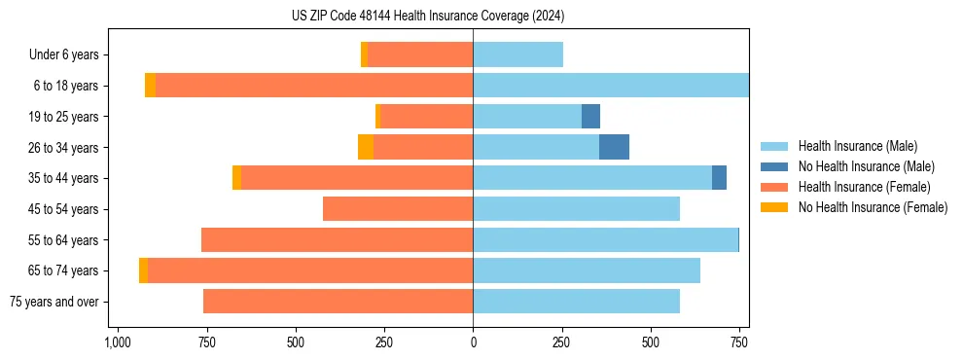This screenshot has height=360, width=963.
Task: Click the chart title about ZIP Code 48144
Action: click(x=428, y=17)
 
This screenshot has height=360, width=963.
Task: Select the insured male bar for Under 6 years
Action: click(x=517, y=55)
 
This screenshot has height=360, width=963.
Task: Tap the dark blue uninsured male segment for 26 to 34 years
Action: click(x=614, y=147)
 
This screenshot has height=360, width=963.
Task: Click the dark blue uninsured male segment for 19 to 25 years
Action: click(x=590, y=117)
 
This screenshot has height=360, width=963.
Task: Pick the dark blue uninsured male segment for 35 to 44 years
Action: click(x=719, y=178)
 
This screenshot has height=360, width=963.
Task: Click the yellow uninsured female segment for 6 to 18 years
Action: click(x=150, y=86)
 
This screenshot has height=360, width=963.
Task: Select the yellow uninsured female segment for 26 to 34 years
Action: click(x=365, y=147)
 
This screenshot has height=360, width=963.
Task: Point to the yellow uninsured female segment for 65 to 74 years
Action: click(x=143, y=270)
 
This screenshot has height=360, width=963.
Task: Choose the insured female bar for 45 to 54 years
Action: click(x=398, y=209)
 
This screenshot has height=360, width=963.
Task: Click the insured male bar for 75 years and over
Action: click(x=576, y=302)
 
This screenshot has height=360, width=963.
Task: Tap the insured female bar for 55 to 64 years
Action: click(x=337, y=239)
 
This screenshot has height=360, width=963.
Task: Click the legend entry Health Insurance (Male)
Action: click(x=857, y=146)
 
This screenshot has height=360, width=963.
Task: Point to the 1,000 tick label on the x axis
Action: click(x=117, y=342)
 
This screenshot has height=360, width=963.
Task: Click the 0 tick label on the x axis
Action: click(x=473, y=342)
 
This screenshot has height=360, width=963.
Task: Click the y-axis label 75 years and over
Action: click(x=54, y=302)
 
